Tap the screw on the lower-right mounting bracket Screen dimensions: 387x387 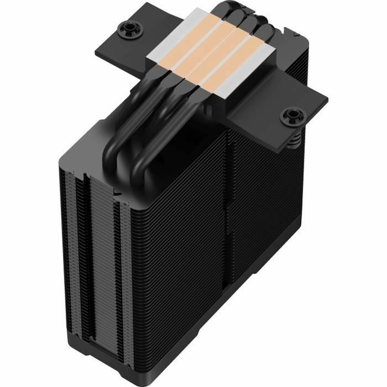(293, 115)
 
